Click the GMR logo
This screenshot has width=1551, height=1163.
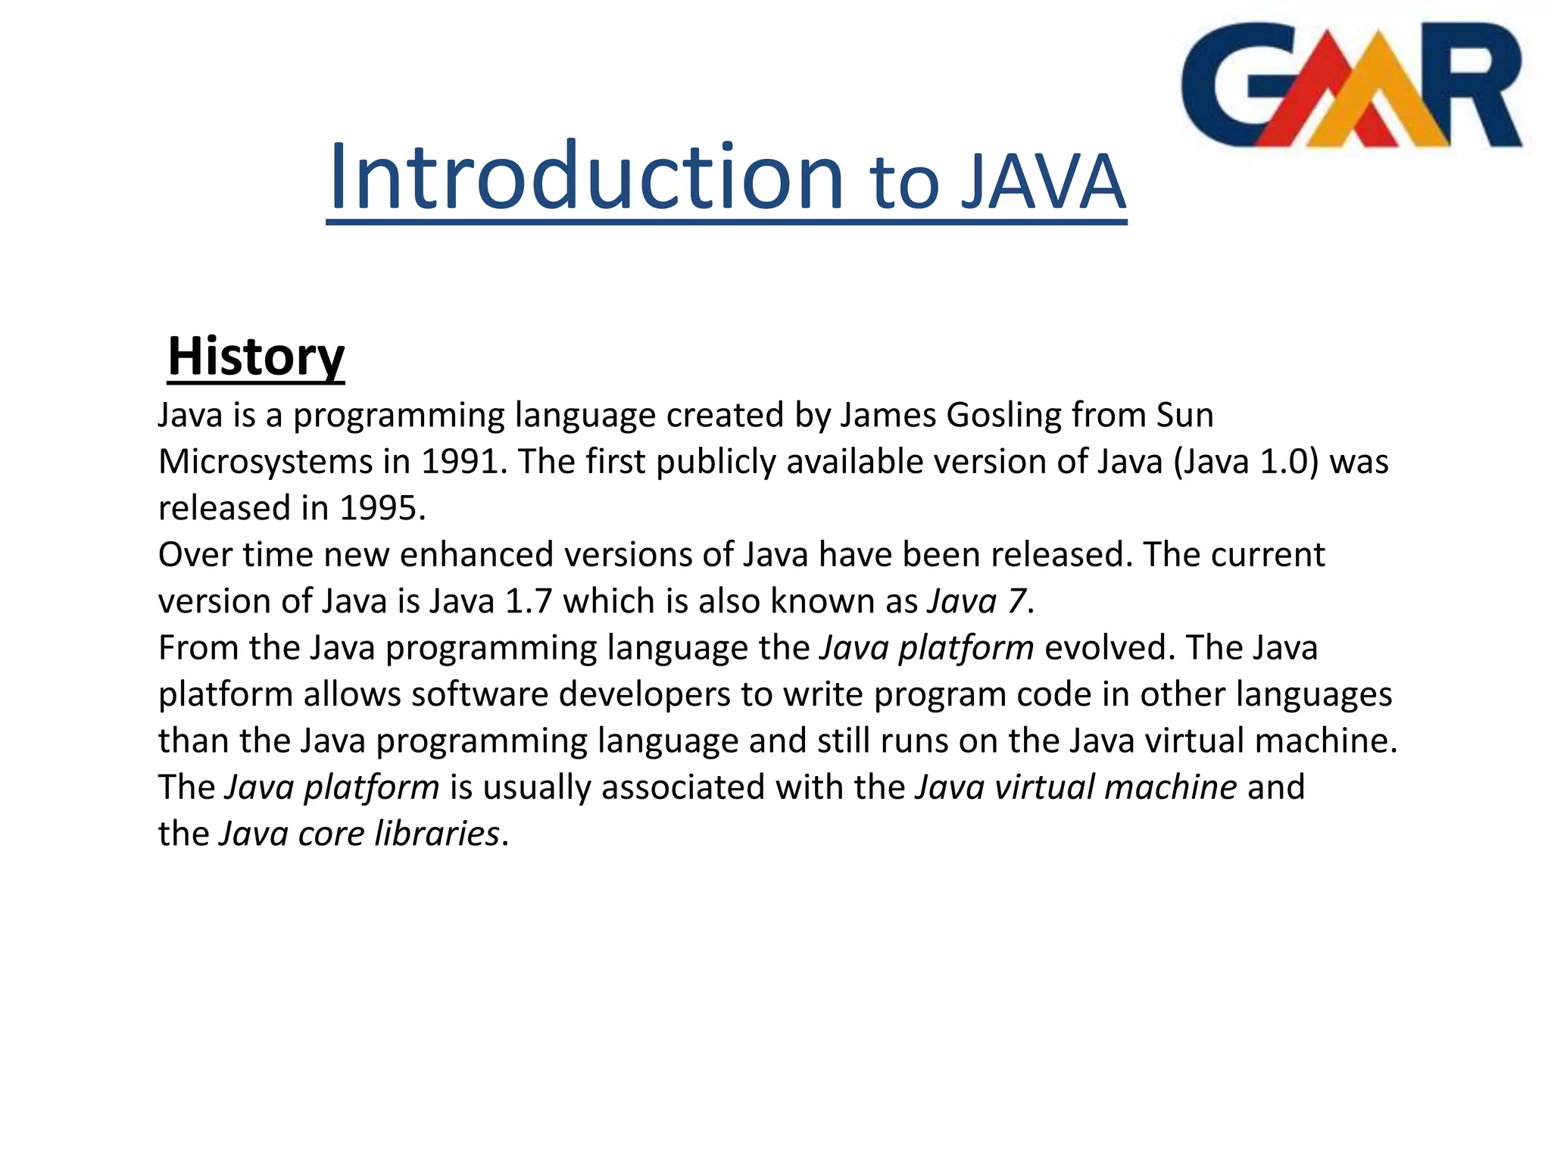(x=1352, y=85)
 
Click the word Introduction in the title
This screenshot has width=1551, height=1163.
(x=585, y=178)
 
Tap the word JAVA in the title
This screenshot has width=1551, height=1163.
(x=1043, y=183)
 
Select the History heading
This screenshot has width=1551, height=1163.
(x=256, y=357)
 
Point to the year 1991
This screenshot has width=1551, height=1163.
(x=461, y=462)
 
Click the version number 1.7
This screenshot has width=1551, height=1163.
(x=528, y=601)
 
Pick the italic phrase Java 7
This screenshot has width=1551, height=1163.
(x=976, y=601)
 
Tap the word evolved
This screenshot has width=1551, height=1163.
(x=1105, y=648)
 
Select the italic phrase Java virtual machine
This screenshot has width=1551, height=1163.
(x=1076, y=787)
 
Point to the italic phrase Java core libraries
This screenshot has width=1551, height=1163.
(x=360, y=834)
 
